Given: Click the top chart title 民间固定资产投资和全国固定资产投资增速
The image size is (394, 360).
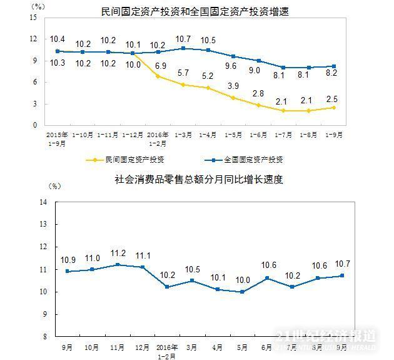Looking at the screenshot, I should tap(191, 11).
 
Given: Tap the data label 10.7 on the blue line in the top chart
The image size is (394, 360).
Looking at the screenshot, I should tap(183, 38).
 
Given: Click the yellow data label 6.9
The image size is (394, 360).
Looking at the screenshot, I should tap(159, 65).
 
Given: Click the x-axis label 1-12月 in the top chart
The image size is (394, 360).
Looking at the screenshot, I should tap(133, 134).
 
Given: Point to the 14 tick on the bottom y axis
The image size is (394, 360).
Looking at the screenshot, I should tap(44, 202).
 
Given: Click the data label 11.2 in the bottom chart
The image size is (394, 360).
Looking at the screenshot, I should tap(117, 254).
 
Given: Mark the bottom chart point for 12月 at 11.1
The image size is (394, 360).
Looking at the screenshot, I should tap(142, 267).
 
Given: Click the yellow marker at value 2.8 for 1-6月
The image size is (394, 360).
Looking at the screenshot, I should tap(257, 105).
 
